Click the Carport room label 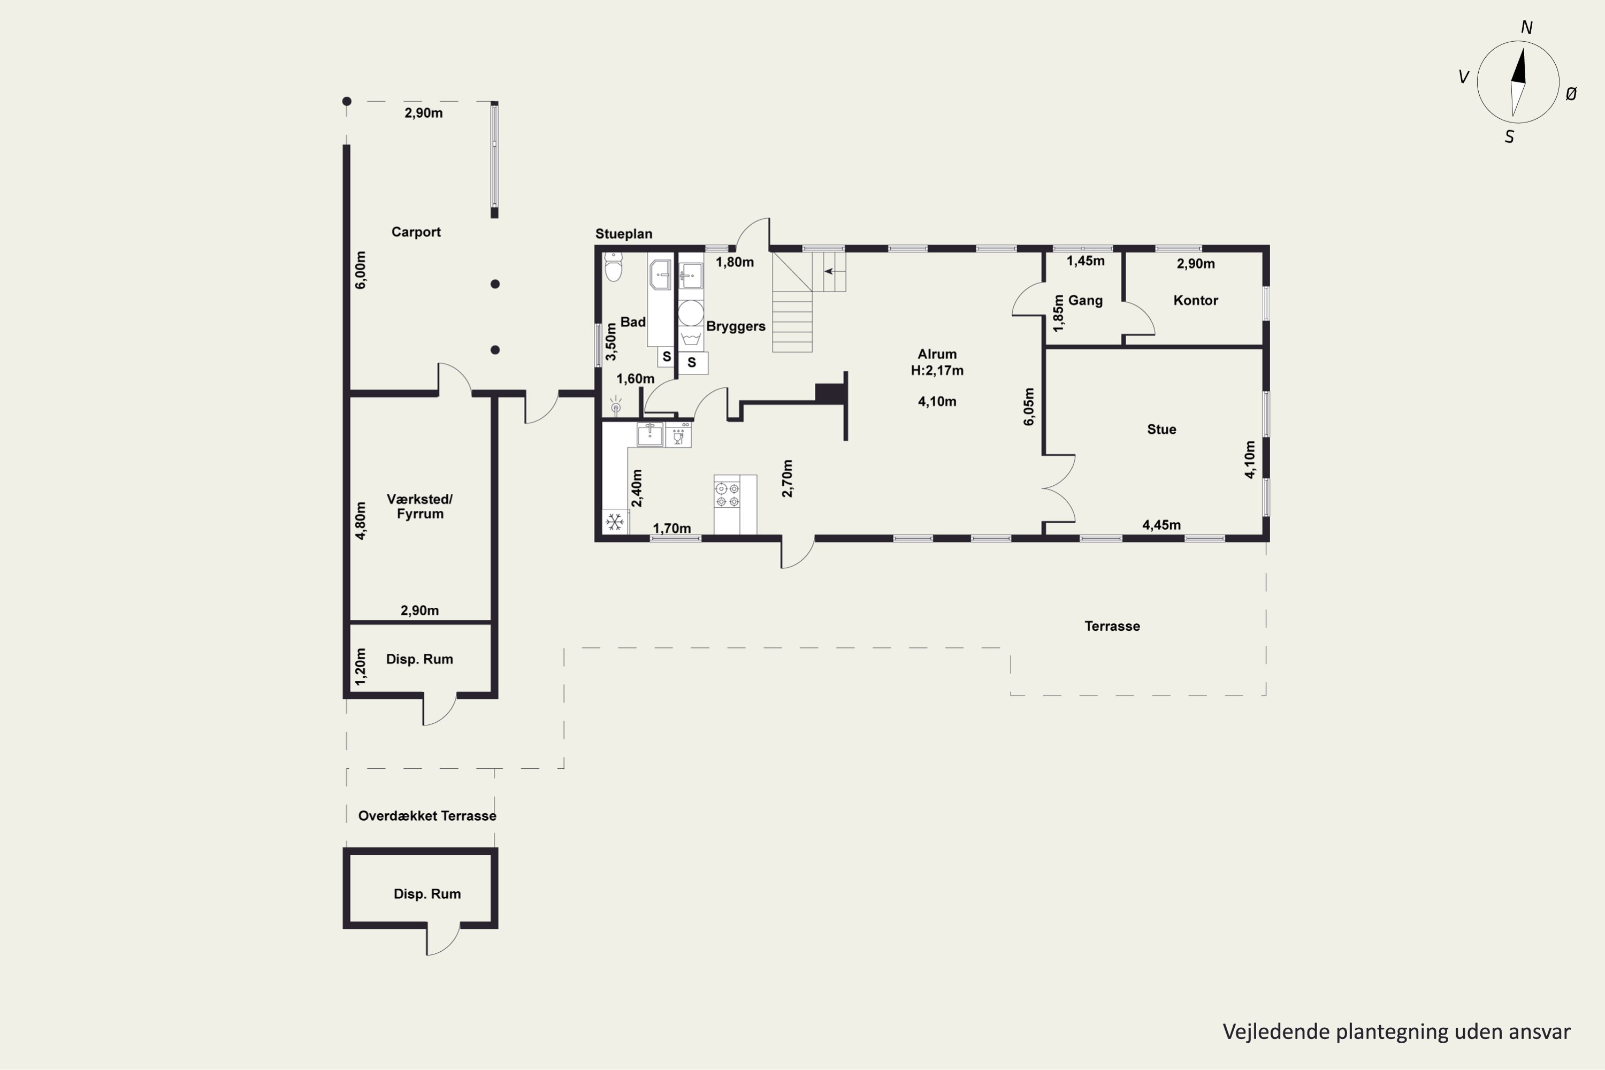pyautogui.click(x=416, y=232)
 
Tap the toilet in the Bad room pyautogui.click(x=614, y=267)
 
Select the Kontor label pyautogui.click(x=1196, y=300)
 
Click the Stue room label pyautogui.click(x=1161, y=429)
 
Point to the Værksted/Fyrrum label pyautogui.click(x=419, y=506)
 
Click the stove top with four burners pyautogui.click(x=727, y=495)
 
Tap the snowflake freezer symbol pyautogui.click(x=615, y=522)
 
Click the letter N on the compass pyautogui.click(x=1526, y=27)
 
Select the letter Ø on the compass pyautogui.click(x=1571, y=95)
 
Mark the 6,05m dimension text pyautogui.click(x=1028, y=407)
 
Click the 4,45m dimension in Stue pyautogui.click(x=1161, y=525)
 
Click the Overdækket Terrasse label pyautogui.click(x=427, y=815)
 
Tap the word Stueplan pyautogui.click(x=624, y=233)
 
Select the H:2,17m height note pyautogui.click(x=937, y=371)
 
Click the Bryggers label pyautogui.click(x=736, y=326)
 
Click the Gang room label pyautogui.click(x=1085, y=300)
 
